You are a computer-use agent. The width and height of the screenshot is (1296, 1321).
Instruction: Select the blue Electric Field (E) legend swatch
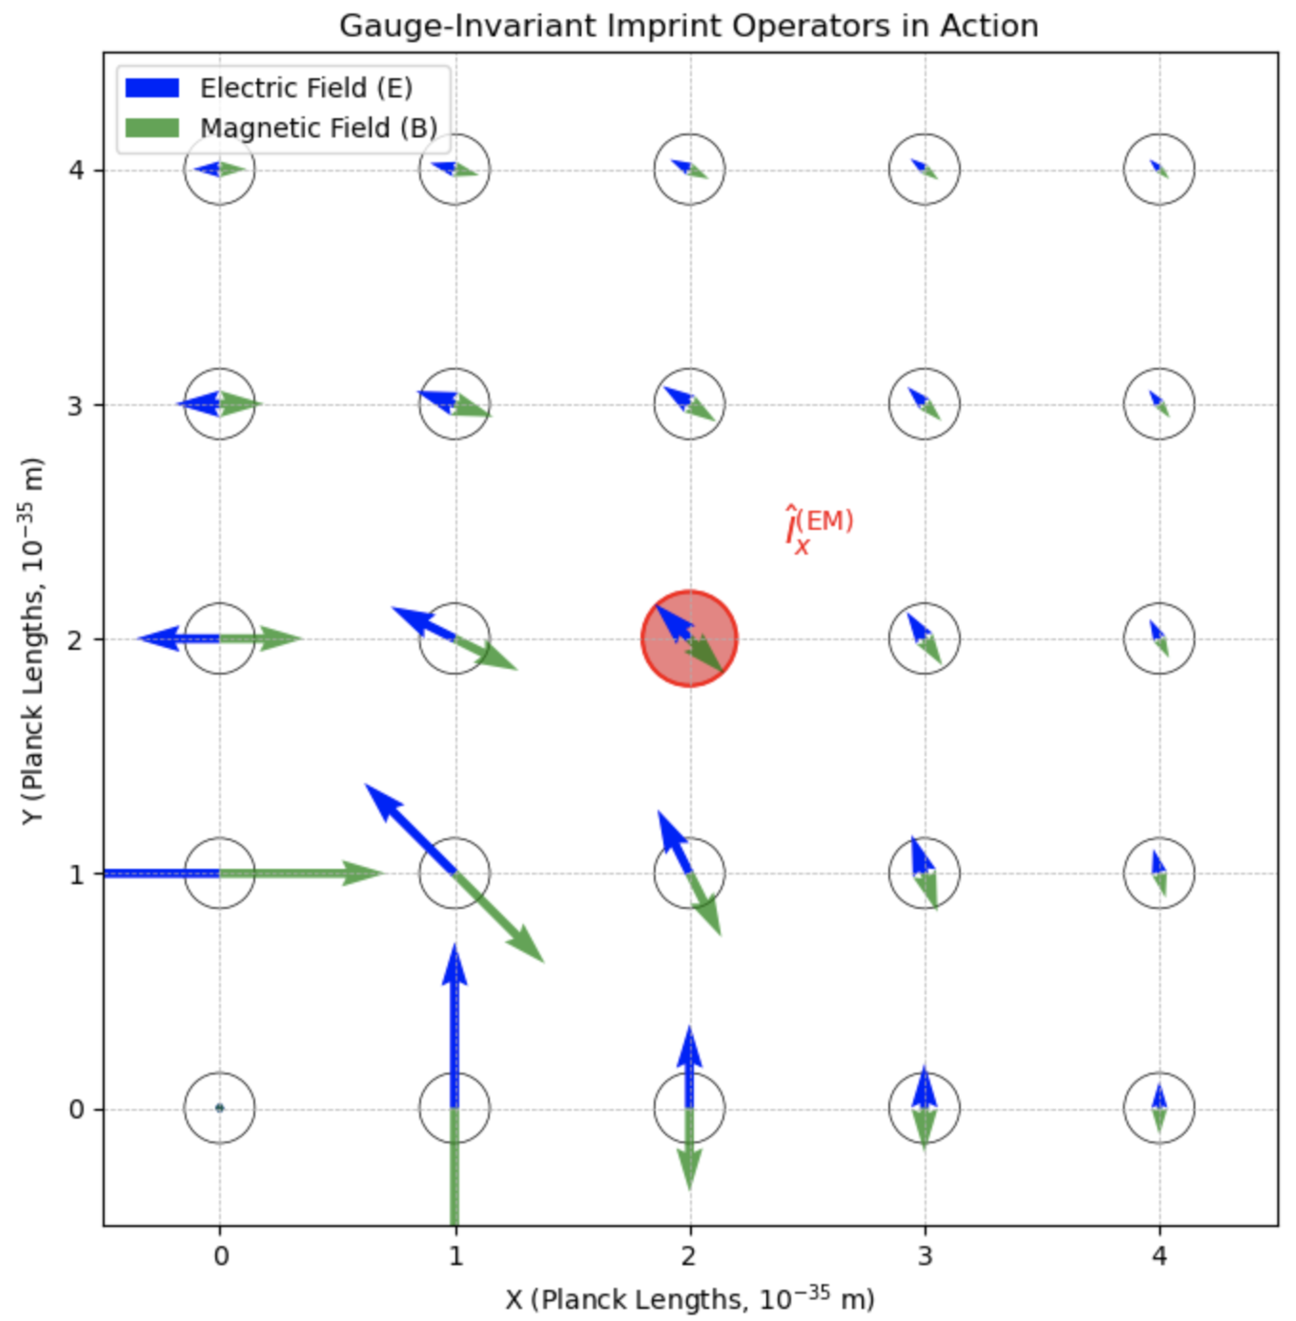pyautogui.click(x=152, y=88)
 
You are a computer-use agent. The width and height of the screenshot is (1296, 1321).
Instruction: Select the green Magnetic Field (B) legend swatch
pyautogui.click(x=152, y=128)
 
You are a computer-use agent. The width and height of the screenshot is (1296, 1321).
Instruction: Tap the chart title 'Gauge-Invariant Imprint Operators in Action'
pyautogui.click(x=689, y=27)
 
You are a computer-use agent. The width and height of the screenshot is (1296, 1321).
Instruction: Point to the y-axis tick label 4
pyautogui.click(x=76, y=170)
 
